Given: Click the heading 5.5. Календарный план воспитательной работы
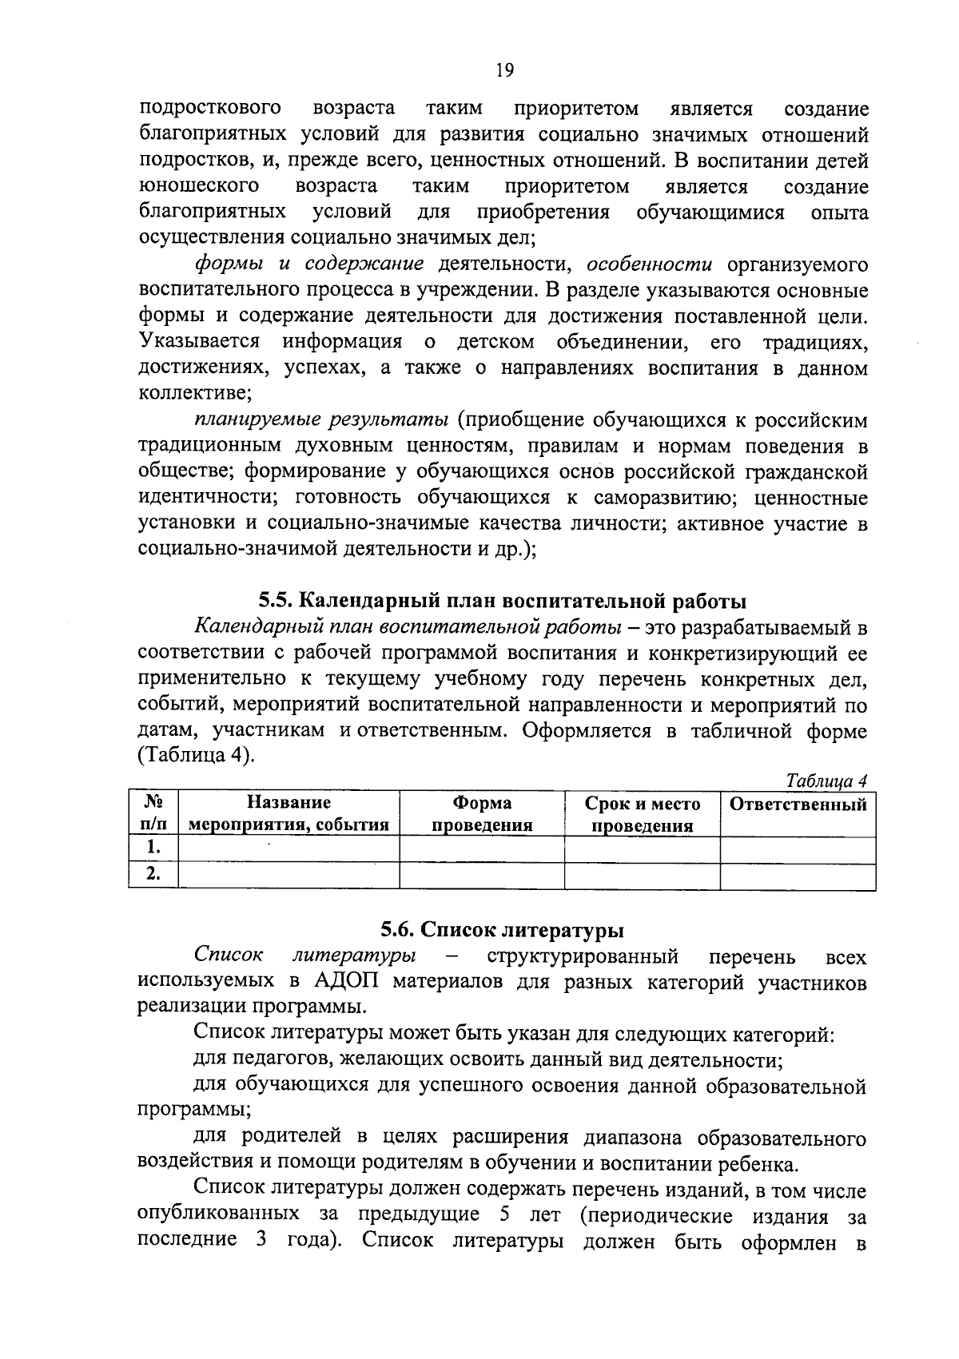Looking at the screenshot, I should coord(502,600).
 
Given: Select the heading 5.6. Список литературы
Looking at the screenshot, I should coord(502,929).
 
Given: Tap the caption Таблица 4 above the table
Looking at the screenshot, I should coord(827,781).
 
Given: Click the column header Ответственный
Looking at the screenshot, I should coord(798,805).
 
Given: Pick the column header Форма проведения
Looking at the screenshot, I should coord(482,814).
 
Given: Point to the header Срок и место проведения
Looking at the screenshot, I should coord(642,814).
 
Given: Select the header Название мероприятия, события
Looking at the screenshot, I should coord(288,814).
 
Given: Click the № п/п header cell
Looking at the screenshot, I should coord(153,814).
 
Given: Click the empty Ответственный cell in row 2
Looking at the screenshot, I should coord(798,876).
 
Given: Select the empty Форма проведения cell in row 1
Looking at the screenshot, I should coord(482,848).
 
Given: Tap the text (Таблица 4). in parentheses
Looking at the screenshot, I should coord(197,755).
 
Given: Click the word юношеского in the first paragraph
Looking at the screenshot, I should coord(199,186).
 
